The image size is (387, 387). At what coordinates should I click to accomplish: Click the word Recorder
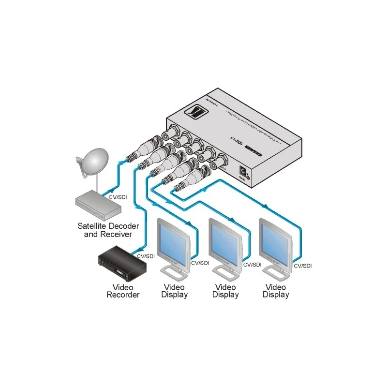(123, 295)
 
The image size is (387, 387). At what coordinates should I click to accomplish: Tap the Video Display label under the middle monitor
(225, 291)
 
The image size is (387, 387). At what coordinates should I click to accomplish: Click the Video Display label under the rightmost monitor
(276, 291)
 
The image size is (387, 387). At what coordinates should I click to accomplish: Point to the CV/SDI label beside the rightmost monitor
(304, 266)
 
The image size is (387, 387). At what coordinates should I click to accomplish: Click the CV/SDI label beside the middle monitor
(252, 265)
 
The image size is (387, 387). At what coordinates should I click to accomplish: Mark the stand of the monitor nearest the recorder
(174, 274)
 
